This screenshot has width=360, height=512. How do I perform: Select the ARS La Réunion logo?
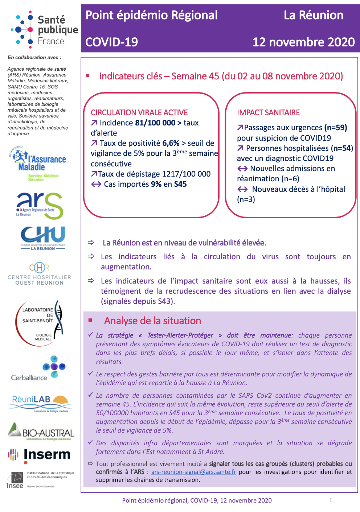point(40,205)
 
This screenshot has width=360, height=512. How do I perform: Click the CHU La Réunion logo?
point(43,238)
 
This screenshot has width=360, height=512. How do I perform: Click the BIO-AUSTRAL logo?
point(41,431)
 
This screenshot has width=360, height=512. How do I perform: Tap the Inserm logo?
point(39,455)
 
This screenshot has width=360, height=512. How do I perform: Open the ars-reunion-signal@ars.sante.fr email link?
point(193,472)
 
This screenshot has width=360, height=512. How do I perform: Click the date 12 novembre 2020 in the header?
point(303,42)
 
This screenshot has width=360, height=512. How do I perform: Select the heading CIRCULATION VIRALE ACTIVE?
point(139,113)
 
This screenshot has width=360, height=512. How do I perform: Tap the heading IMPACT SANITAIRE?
point(269,113)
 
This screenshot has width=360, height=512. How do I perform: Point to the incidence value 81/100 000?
point(155,123)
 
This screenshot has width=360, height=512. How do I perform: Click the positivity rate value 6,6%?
point(171,143)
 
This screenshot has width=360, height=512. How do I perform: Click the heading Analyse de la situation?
point(152,321)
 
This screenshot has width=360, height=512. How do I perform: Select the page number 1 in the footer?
point(331,500)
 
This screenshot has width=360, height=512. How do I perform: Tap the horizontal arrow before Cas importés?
point(96,184)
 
